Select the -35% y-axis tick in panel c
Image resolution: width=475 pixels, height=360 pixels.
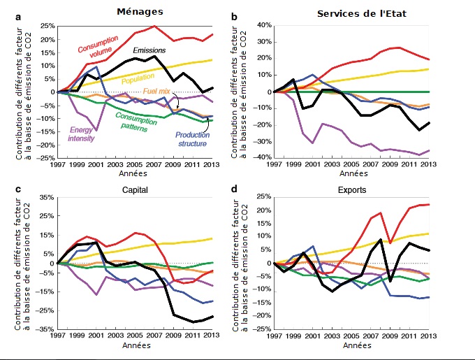[x=45, y=329]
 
